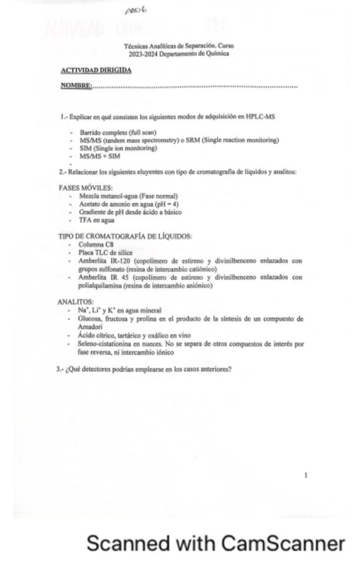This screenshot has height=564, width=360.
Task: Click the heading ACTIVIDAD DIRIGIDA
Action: click(x=96, y=70)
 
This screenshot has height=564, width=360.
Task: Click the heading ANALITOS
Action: click(x=75, y=302)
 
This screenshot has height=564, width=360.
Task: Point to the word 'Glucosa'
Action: click(x=89, y=319)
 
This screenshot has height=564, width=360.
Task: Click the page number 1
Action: click(x=305, y=476)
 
